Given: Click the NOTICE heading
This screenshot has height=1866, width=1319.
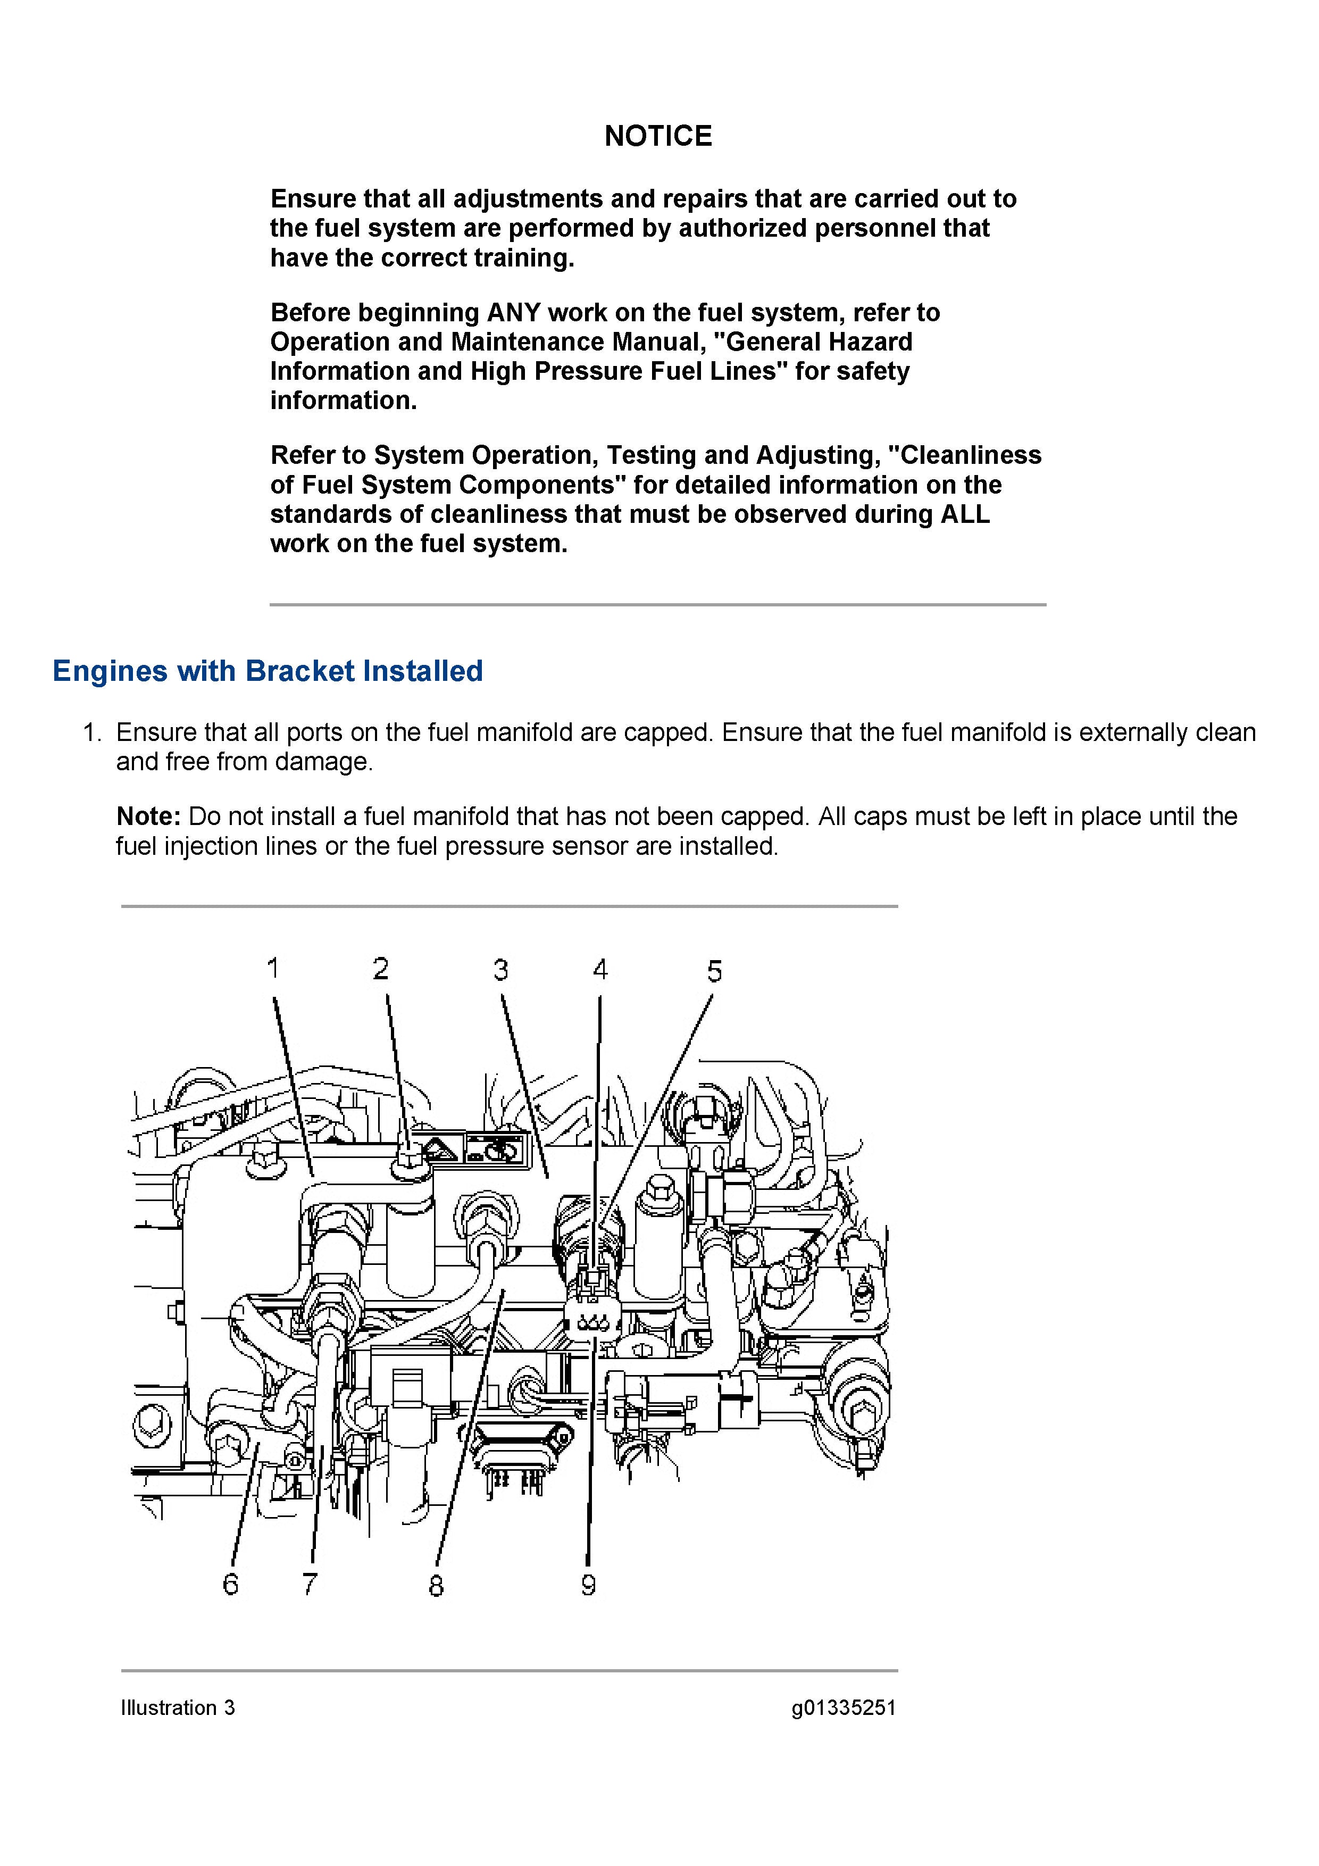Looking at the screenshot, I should tap(658, 136).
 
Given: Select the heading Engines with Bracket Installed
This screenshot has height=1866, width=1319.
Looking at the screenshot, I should tap(268, 671).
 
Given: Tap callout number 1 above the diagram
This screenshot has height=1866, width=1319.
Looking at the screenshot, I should tap(273, 968).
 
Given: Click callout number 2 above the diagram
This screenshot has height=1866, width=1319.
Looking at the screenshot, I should tap(380, 969).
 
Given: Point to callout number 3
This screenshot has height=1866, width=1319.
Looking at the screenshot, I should tap(500, 970).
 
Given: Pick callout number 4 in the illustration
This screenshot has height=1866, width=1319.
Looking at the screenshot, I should tap(600, 970).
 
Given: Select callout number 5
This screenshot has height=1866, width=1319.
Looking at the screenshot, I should tap(714, 971).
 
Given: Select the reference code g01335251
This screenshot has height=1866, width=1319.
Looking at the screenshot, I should tap(844, 1707).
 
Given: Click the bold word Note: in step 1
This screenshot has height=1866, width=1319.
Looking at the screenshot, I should tap(148, 816).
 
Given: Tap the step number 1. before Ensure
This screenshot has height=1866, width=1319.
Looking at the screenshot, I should tap(92, 732).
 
